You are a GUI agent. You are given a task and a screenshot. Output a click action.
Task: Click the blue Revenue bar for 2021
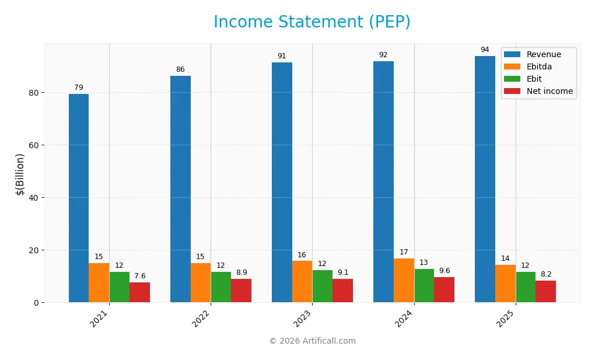click(x=79, y=198)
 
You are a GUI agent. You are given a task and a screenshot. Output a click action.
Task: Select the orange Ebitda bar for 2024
click(x=404, y=281)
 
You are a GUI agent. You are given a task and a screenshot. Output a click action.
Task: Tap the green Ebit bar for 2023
click(x=323, y=286)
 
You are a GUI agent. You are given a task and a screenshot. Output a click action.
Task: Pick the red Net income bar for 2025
click(x=545, y=292)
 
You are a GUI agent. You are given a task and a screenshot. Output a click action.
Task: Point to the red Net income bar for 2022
click(x=241, y=291)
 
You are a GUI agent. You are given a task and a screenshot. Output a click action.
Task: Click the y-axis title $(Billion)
click(x=20, y=174)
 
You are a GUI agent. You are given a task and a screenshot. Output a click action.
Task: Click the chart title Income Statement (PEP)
click(x=311, y=22)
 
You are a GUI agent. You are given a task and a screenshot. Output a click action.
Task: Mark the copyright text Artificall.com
click(x=312, y=341)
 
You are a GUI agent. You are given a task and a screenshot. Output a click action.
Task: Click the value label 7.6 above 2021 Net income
click(x=139, y=276)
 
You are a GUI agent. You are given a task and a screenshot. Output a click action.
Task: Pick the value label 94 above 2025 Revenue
click(x=485, y=50)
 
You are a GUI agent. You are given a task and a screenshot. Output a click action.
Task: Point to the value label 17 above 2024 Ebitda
click(x=404, y=252)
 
